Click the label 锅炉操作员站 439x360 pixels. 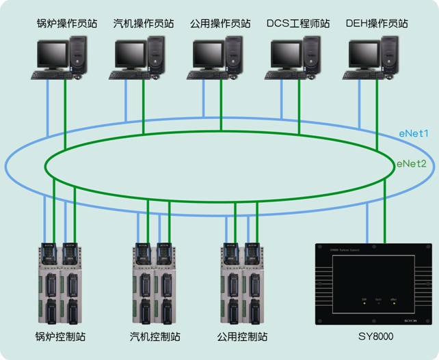(67, 24)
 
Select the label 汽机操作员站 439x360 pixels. (144, 24)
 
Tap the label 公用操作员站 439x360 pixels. (221, 24)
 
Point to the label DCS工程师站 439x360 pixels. (298, 24)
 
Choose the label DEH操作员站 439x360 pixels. (377, 24)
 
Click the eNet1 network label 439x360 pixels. (414, 134)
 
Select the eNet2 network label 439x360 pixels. (412, 164)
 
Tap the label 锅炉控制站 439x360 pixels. (60, 337)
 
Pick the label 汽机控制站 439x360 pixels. (155, 337)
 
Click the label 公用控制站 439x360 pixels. (242, 337)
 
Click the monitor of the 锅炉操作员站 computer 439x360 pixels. (52, 53)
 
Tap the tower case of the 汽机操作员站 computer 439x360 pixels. (156, 52)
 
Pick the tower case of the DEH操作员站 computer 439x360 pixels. (390, 52)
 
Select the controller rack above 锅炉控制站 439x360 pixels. (60, 283)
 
